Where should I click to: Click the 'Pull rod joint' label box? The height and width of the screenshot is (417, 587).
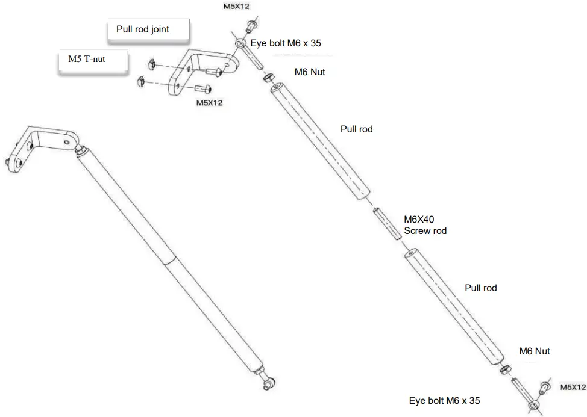coord(148,30)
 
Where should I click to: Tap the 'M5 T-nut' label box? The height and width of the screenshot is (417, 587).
coord(91,61)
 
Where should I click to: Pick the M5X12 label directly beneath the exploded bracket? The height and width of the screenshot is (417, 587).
coord(210,103)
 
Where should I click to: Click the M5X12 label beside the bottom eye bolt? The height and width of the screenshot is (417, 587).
coord(573,388)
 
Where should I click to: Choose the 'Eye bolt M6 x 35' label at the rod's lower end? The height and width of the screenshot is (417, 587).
coord(445,400)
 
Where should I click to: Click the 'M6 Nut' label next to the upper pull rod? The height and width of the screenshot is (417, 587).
coord(310,72)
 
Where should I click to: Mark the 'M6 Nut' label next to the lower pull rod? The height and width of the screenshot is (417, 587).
coord(535,351)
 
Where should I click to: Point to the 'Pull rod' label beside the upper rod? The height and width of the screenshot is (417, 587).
coord(357,129)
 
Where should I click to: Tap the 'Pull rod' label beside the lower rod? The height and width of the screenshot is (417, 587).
coord(481,288)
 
